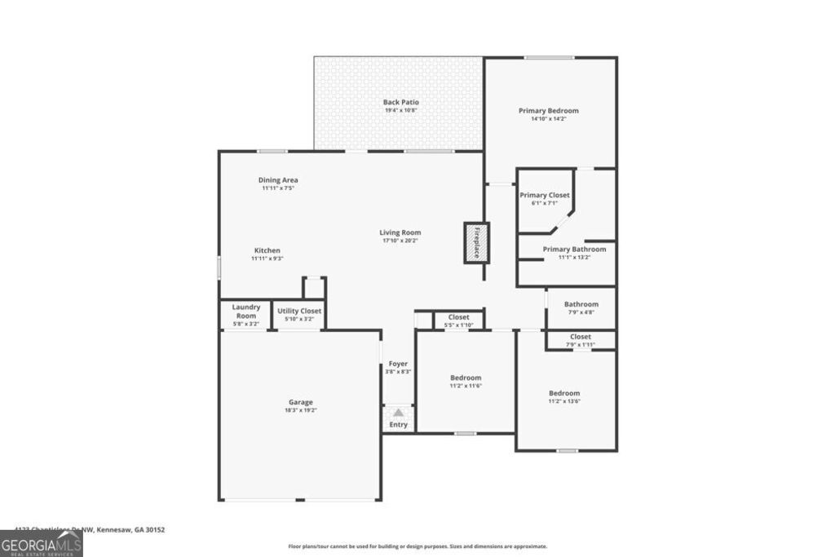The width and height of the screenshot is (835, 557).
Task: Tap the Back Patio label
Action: coord(401,103)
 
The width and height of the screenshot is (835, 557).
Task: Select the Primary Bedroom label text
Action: coord(549,111)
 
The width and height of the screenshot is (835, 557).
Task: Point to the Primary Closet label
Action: coord(545,196)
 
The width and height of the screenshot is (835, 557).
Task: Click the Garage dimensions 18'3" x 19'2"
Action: coord(300,410)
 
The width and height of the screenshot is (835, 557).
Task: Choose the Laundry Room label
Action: coord(246,311)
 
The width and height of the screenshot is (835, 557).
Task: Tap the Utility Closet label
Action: coord(299,311)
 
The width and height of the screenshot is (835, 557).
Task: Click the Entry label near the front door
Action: coord(398,425)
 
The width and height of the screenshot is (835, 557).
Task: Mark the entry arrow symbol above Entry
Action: coord(398,413)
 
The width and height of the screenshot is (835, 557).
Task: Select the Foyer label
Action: coord(398,364)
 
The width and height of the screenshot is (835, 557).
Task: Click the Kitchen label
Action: coord(267,250)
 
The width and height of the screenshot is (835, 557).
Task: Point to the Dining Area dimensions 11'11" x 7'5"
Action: coord(278,188)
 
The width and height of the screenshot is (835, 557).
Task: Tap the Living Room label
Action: coord(400,232)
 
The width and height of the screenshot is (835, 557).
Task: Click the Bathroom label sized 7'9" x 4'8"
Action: coord(581,304)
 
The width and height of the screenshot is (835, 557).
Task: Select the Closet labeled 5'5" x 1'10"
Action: coord(458,317)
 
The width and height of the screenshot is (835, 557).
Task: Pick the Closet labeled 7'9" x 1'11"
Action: coord(581,336)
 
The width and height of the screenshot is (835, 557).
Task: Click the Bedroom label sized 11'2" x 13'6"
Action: coord(564,392)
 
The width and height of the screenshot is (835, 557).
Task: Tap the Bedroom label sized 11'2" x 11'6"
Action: coord(466,378)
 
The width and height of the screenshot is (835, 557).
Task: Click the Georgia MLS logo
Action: coord(41,543)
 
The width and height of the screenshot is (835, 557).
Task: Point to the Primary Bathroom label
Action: coord(575,250)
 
